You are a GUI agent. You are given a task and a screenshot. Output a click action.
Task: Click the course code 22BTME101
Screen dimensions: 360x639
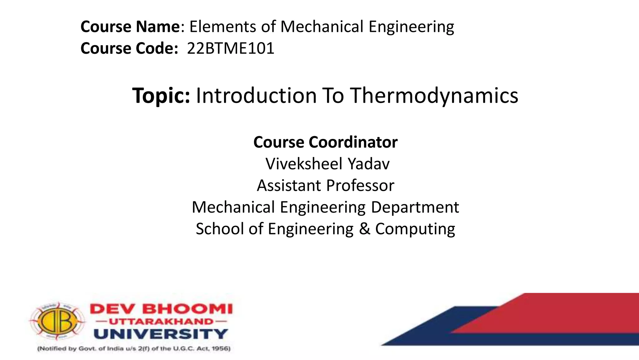click(231, 48)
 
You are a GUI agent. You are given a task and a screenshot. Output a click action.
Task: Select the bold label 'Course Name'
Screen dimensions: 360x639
click(130, 27)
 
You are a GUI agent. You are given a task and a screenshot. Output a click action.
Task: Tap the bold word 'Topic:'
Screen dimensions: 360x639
click(161, 95)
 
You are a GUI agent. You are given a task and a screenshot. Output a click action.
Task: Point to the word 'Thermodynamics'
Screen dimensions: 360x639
click(434, 96)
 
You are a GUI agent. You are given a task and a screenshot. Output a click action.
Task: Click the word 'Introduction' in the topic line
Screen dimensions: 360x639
click(256, 95)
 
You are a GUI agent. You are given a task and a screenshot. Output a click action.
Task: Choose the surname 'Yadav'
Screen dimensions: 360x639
click(368, 164)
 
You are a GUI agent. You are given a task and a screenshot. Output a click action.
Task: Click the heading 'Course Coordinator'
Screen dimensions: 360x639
click(325, 142)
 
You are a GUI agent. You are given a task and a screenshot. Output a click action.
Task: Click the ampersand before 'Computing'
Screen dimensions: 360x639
click(364, 229)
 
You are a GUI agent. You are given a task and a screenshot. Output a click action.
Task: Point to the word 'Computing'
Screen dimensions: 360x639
click(415, 229)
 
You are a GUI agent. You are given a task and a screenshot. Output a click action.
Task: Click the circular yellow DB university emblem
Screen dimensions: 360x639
click(57, 321)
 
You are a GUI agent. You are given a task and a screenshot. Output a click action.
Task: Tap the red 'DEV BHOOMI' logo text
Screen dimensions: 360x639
click(161, 309)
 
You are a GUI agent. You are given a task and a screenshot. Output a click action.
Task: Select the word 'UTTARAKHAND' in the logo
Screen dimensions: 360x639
click(161, 321)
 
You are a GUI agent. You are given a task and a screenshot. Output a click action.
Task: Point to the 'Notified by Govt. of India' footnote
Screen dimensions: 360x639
click(134, 348)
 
